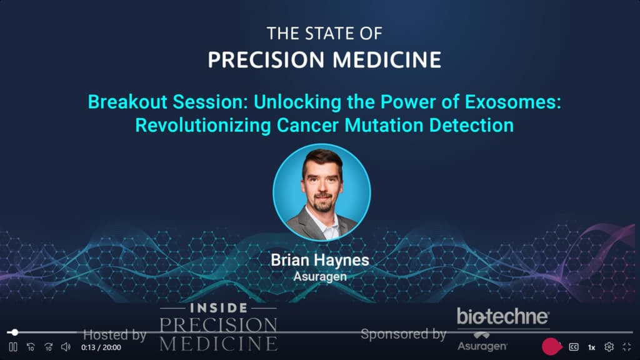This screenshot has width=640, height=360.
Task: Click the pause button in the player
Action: tap(12, 347)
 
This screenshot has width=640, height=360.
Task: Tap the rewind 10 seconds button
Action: tap(31, 347)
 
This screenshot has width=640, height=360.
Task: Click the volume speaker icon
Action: tap(66, 347)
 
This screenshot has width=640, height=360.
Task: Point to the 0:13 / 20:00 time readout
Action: tap(101, 347)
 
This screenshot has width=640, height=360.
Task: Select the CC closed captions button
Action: tap(573, 347)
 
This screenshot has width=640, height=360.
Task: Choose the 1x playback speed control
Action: tap(591, 347)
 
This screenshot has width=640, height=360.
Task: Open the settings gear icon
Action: tap(609, 347)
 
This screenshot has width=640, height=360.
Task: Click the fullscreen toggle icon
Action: tap(627, 347)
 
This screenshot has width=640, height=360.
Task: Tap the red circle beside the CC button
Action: tap(551, 346)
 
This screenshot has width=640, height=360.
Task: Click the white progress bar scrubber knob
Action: tap(15, 332)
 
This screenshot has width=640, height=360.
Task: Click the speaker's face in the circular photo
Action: tap(321, 186)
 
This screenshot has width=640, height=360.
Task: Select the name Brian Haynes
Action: tap(320, 260)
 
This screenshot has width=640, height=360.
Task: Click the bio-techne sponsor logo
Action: tap(503, 316)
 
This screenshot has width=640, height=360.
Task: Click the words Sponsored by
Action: tap(404, 334)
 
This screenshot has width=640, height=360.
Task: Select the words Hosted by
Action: tap(115, 335)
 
